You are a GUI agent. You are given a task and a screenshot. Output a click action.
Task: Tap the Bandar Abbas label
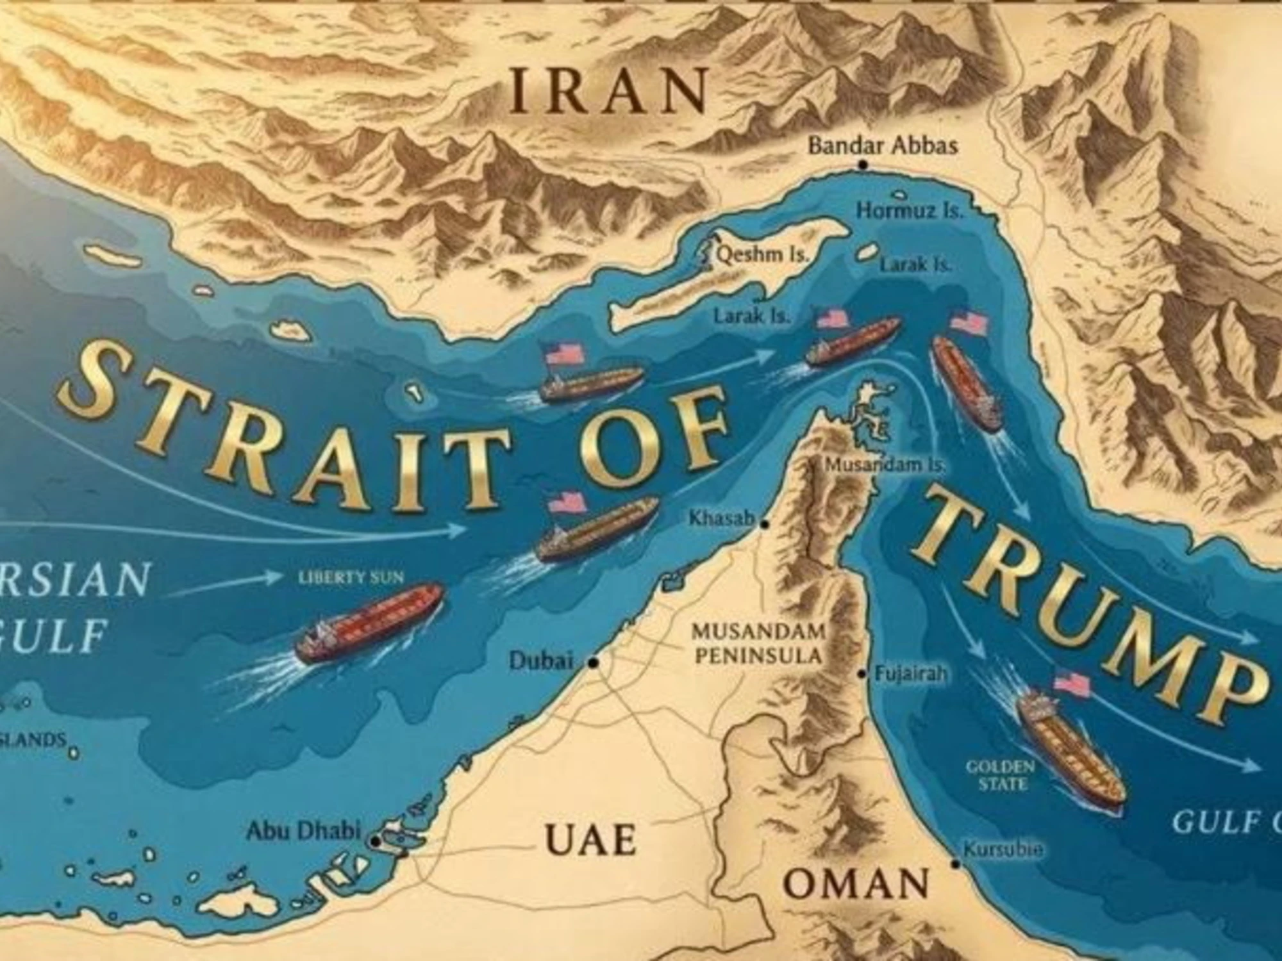[883, 146]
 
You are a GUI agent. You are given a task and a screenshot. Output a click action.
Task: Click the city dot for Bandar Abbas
[863, 165]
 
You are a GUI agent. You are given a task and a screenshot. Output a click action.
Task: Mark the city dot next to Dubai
[594, 663]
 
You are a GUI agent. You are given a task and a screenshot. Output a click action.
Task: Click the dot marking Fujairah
[863, 675]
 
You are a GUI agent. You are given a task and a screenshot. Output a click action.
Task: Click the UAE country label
[590, 839]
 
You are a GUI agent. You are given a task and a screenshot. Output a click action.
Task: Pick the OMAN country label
[856, 884]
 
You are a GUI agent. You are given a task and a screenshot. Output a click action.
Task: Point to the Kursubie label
[1003, 850]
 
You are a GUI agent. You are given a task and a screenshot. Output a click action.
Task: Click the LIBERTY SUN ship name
[351, 578]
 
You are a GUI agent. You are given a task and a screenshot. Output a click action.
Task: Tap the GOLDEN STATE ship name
[1000, 775]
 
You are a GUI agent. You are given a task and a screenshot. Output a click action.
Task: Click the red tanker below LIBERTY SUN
[369, 621]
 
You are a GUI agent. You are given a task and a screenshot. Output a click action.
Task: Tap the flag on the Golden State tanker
[1072, 684]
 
